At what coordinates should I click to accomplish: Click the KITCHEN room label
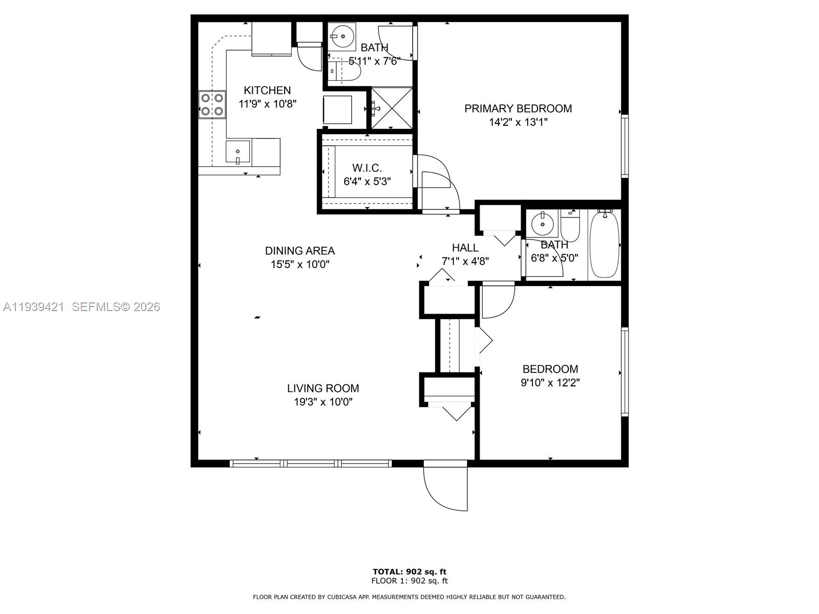[267, 90]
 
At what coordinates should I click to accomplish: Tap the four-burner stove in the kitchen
[212, 104]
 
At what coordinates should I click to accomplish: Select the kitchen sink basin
[238, 151]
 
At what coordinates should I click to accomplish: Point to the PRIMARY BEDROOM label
[518, 108]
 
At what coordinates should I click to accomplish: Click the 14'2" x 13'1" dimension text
[518, 122]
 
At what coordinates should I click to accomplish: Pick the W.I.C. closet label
[367, 168]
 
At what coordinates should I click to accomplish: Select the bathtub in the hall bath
[605, 245]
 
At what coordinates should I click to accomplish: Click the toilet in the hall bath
[570, 226]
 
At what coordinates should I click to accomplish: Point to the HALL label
[465, 248]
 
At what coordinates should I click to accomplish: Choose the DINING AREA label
[300, 251]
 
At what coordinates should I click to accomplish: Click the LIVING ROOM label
[323, 388]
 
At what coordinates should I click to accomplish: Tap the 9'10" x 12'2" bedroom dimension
[550, 383]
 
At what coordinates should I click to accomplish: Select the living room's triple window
[310, 464]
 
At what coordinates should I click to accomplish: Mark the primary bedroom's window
[624, 146]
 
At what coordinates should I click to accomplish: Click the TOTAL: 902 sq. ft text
[409, 572]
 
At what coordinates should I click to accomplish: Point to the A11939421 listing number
[34, 307]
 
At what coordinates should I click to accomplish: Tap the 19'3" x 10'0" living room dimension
[323, 402]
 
